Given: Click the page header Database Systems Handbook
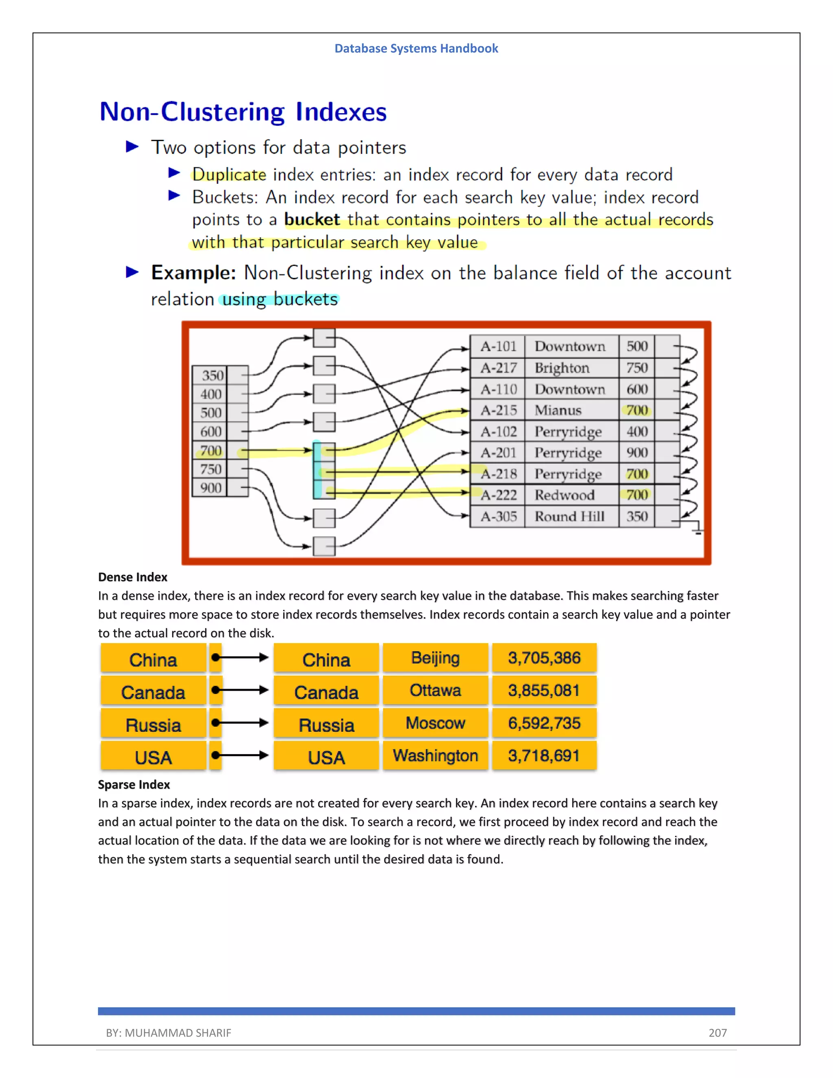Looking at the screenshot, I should (x=416, y=48).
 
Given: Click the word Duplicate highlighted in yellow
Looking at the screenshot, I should (x=229, y=175).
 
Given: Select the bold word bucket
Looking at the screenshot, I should (x=312, y=220).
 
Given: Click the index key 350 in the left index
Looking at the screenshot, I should (x=212, y=375).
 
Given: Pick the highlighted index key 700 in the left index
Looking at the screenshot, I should (x=211, y=451).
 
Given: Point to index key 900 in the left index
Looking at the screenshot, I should (x=211, y=488).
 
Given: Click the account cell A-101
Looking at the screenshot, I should (x=498, y=347).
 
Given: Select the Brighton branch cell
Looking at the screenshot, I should (x=562, y=368).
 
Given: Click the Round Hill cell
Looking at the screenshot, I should (x=569, y=517).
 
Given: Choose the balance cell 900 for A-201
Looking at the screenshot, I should (x=637, y=453).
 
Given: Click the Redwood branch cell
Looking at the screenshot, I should (x=564, y=495).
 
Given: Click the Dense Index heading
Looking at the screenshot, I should (x=133, y=577).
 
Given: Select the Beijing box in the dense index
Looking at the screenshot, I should (x=435, y=658).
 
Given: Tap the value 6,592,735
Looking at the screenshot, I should (x=544, y=723).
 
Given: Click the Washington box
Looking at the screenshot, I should (x=435, y=756).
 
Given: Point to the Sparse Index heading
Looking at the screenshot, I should (x=134, y=785).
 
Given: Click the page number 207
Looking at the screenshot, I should (x=717, y=1032).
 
